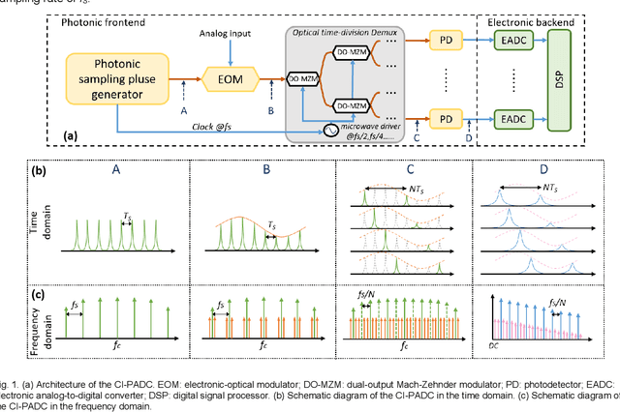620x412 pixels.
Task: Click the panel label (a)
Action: pyautogui.click(x=69, y=136)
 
